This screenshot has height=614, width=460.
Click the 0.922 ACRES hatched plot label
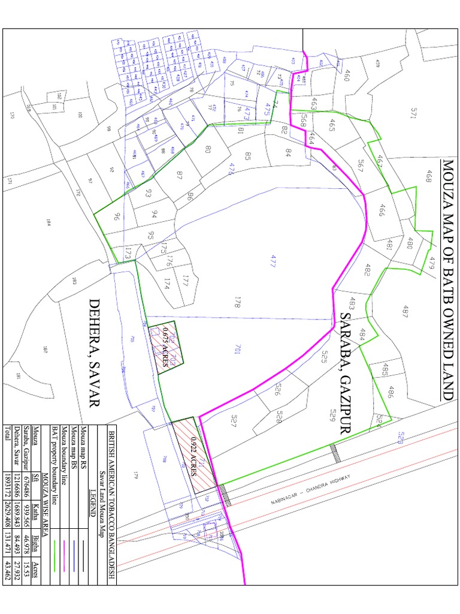193,458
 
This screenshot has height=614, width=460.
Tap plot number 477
273,261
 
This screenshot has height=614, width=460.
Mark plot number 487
405,312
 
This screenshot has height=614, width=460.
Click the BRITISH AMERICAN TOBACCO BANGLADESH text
110,501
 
